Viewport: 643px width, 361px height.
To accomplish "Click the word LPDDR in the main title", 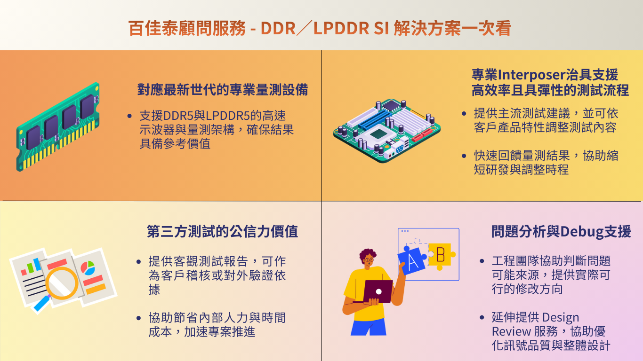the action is (x=341, y=28).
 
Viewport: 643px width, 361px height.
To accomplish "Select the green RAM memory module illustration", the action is (x=58, y=127).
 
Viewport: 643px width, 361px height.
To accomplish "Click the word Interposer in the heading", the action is (x=531, y=75).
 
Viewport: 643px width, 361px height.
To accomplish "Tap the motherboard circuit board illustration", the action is (x=386, y=131).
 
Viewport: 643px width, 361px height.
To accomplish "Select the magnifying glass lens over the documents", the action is (x=62, y=283).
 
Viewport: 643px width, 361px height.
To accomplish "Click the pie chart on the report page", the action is (x=88, y=268).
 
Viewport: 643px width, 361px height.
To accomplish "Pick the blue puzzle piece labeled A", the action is (x=412, y=260).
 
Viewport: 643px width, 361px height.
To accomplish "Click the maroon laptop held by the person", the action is (x=378, y=291).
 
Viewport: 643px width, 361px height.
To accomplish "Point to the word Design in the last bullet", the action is (x=561, y=318).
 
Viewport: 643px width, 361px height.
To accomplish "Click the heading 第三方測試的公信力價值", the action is (x=223, y=231).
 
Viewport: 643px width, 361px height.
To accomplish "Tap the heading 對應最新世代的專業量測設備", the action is (x=223, y=90).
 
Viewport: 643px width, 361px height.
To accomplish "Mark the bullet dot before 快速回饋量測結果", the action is (x=464, y=156).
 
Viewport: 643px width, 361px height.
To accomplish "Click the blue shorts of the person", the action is (x=369, y=327).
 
